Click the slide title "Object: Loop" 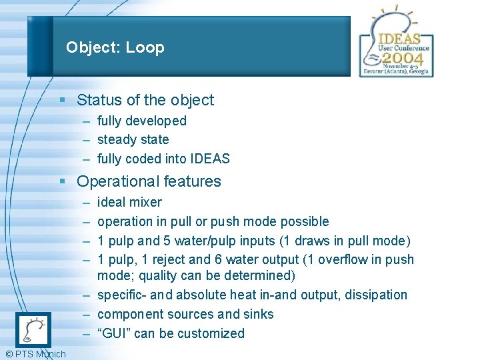115,47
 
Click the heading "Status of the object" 145,100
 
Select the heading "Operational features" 149,181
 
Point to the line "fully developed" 141,121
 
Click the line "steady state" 133,139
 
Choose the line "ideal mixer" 129,202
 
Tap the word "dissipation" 375,295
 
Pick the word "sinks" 257,314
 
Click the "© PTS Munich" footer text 34,354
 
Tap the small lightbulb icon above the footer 33,329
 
